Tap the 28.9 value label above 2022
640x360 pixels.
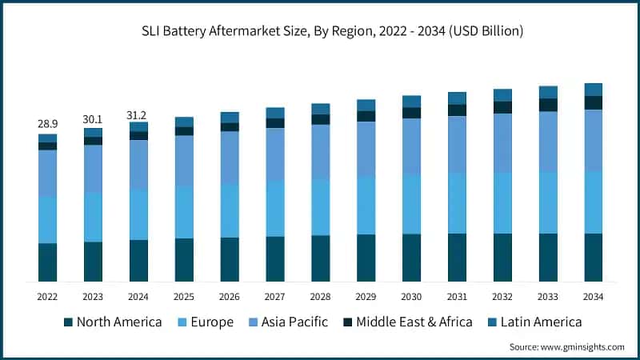coord(47,125)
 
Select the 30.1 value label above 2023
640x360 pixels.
coord(93,118)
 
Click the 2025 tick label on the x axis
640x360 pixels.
coord(184,297)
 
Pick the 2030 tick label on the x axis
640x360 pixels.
coord(411,297)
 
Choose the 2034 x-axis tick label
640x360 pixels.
coord(593,297)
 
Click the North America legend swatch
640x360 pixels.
coord(68,322)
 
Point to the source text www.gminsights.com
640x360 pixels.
coord(566,346)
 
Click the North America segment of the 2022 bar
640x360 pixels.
coord(47,262)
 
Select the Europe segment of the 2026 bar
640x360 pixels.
coord(230,210)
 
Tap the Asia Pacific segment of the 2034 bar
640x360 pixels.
coord(593,140)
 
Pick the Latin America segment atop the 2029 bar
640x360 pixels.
coord(366,105)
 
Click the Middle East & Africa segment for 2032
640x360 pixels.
coord(502,107)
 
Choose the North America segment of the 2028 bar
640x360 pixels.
coord(320,258)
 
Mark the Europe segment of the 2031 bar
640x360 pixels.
coord(457,203)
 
